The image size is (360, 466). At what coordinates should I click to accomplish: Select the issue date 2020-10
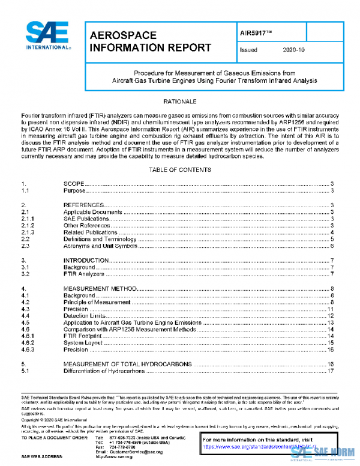pos(293,50)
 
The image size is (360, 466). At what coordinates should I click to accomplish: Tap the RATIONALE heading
pos(180,101)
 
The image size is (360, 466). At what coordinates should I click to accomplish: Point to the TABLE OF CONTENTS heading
pos(179,170)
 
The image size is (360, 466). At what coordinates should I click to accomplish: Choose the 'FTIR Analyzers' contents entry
pos(85,274)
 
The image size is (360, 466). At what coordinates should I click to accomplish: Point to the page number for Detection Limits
pos(329,316)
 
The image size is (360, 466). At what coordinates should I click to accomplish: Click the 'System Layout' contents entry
pos(83,343)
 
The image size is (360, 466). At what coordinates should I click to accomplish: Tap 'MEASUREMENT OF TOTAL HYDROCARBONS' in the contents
pos(128,364)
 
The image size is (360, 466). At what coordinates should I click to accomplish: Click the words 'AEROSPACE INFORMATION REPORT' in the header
pos(150,41)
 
